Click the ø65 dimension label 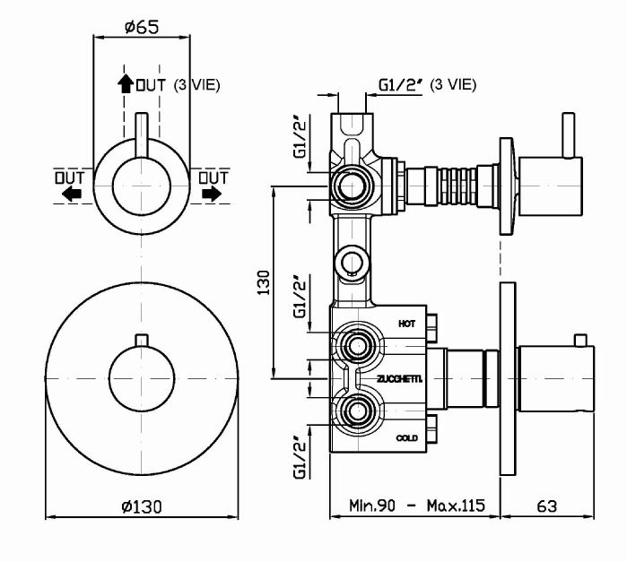142,27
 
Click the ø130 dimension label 141,506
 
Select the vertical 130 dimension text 263,282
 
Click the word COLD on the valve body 406,438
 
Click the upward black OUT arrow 125,84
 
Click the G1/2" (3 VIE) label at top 426,84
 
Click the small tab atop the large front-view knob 142,338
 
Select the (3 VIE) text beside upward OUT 196,85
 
